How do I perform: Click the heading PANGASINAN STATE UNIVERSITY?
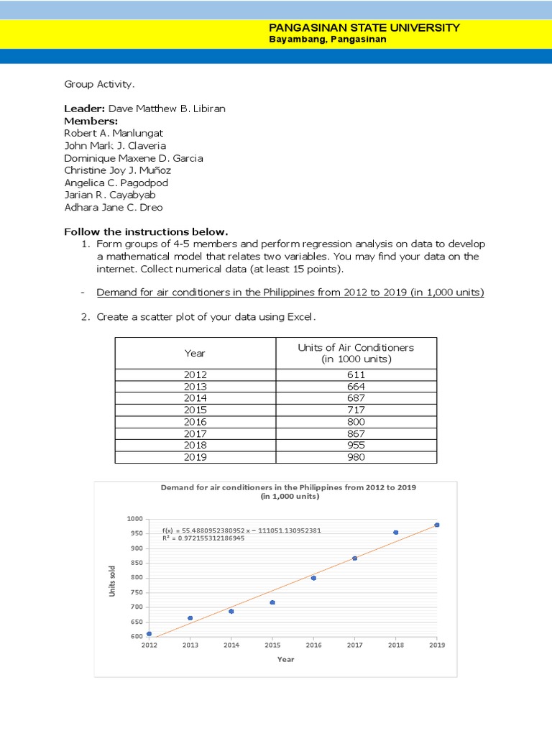(364, 27)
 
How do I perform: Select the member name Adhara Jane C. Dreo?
(114, 208)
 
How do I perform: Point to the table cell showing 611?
(356, 374)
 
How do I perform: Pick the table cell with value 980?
(356, 457)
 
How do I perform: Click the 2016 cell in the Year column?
(195, 422)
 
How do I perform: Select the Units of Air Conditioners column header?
(356, 353)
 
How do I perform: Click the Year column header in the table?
(195, 353)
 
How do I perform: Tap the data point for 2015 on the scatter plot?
(272, 602)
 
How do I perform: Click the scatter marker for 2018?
(395, 533)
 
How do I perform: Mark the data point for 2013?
(190, 618)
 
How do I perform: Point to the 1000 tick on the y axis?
(134, 519)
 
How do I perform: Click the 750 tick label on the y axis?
(136, 592)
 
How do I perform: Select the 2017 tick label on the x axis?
(354, 645)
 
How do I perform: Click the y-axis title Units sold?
(112, 581)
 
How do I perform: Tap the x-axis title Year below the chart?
(285, 659)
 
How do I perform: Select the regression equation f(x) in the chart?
(241, 530)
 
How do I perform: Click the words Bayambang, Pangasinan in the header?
(327, 40)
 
